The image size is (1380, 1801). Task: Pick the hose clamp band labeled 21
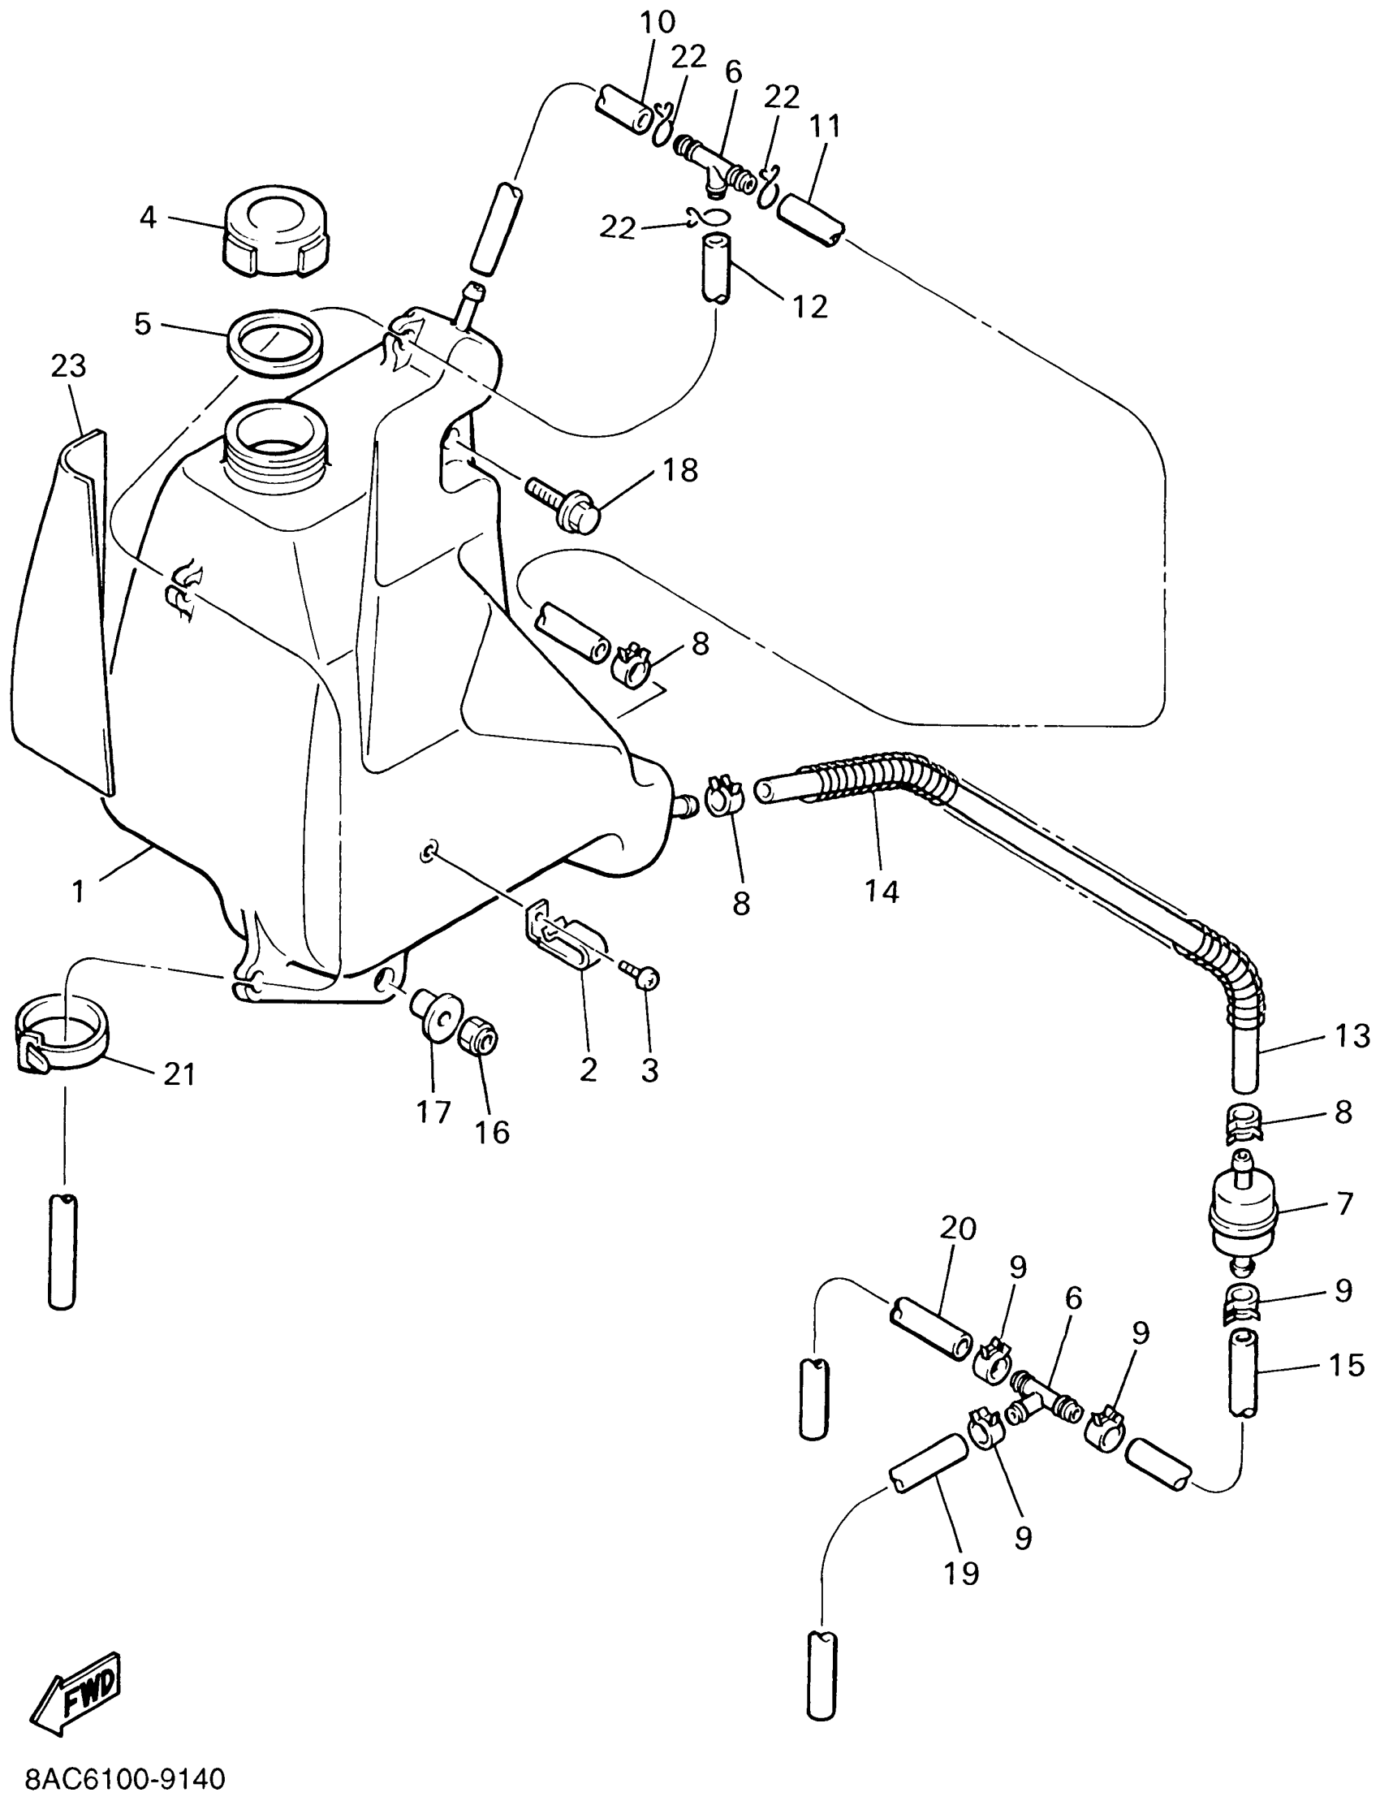(x=63, y=1039)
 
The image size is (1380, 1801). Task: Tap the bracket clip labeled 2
(x=564, y=940)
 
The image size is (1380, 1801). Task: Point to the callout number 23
(x=68, y=366)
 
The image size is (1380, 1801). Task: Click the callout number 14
(x=882, y=891)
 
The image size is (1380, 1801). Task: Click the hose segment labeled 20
(x=929, y=1329)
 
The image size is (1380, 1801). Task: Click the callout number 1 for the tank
(x=78, y=891)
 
